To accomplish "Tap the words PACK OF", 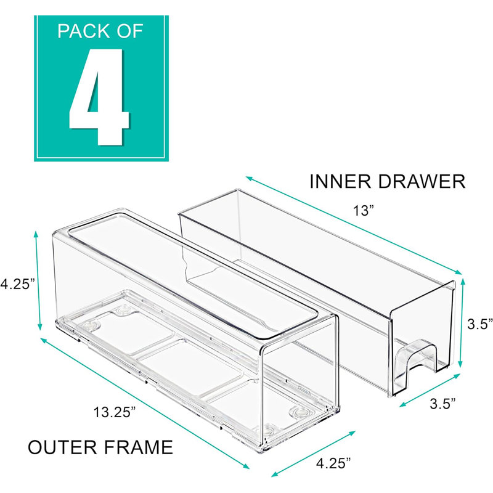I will [100, 30].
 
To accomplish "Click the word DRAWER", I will [422, 182].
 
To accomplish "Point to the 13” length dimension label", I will [364, 211].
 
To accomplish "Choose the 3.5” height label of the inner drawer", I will [478, 325].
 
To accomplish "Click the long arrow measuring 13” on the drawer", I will [354, 226].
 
